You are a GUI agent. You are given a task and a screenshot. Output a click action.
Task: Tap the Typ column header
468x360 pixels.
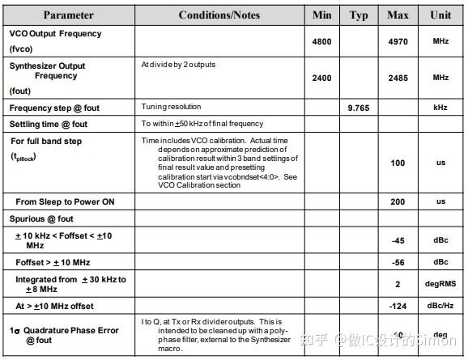pos(359,15)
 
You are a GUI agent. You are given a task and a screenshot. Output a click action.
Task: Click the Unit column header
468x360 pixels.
pos(440,15)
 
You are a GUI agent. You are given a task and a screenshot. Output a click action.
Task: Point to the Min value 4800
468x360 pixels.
pos(321,40)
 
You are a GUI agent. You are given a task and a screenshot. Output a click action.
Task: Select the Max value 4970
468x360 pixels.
pos(398,40)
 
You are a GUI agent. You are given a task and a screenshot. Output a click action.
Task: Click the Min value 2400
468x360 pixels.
pos(321,77)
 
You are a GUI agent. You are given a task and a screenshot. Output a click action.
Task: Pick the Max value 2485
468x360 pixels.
pos(398,77)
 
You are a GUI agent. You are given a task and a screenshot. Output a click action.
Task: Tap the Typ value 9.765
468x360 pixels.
pos(359,107)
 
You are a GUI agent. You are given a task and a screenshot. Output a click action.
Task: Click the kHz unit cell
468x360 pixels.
pos(440,107)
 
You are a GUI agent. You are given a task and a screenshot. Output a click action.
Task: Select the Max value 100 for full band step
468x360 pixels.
pos(398,163)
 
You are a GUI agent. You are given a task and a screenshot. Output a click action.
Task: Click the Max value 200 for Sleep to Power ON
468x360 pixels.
pos(398,201)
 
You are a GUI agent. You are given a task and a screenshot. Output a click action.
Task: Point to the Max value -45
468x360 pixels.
pos(398,240)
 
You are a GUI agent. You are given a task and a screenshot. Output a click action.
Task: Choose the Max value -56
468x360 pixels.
pos(398,262)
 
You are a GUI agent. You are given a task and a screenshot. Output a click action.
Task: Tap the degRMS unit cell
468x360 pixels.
pos(440,285)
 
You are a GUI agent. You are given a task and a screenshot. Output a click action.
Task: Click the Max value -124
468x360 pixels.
pos(398,306)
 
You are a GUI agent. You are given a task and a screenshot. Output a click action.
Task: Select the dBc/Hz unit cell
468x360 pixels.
pos(440,306)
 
